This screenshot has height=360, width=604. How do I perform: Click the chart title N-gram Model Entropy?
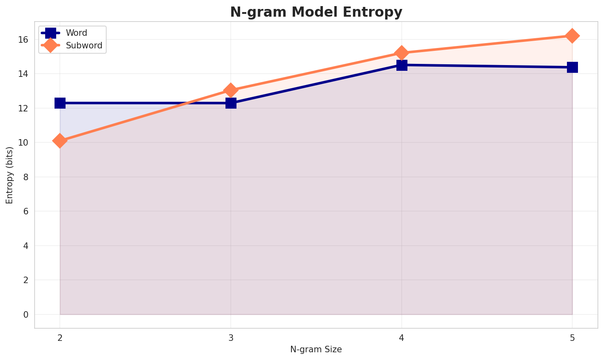click(316, 12)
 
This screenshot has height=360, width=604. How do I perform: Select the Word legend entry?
click(77, 33)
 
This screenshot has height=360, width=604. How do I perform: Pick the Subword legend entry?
click(84, 46)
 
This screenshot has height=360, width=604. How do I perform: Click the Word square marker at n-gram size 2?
click(60, 103)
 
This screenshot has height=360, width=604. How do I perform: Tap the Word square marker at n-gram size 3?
click(231, 103)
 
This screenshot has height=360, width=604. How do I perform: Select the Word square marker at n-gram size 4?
click(402, 65)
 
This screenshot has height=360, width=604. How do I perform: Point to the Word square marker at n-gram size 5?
click(572, 67)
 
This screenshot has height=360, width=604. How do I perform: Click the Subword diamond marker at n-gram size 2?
click(60, 141)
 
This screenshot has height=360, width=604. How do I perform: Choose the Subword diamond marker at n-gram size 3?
click(231, 90)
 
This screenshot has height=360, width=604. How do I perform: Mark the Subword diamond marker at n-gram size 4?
click(402, 53)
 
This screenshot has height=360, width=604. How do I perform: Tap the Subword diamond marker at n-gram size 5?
click(572, 36)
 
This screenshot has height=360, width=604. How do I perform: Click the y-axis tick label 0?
click(25, 314)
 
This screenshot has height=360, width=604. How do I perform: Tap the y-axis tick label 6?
click(25, 212)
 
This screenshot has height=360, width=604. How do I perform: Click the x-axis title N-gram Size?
click(316, 349)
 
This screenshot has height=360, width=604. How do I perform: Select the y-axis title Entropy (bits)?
click(9, 175)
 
